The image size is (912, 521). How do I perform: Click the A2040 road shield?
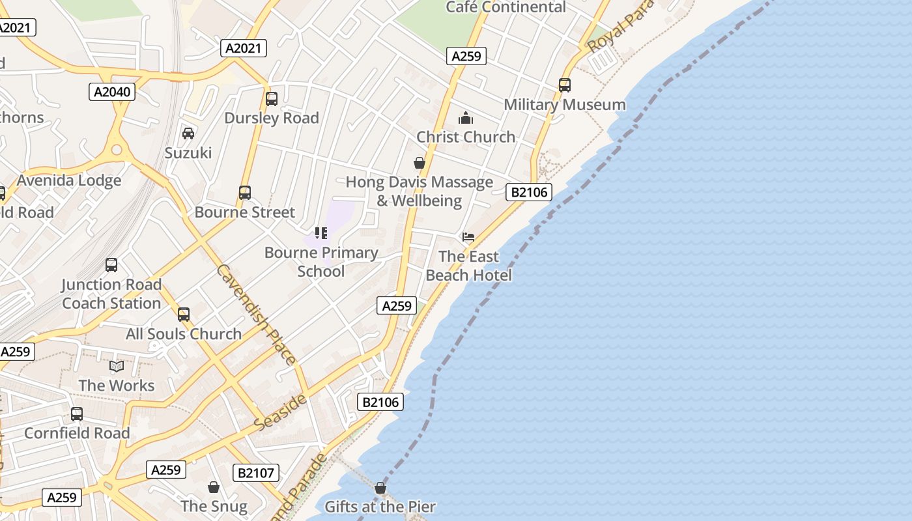pos(112,92)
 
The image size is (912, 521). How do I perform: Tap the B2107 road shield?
pos(255,473)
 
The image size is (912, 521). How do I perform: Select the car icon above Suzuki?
pos(188,134)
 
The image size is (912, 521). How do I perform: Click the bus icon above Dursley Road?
pos(272,99)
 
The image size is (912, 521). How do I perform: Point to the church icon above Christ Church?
pos(466,118)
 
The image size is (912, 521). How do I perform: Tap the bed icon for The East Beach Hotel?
pos(468,237)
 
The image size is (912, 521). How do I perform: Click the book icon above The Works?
pos(117,367)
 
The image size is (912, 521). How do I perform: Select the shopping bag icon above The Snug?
pos(214,487)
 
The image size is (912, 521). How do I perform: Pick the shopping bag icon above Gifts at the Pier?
pos(380,488)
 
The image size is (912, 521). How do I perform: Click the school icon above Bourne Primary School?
pos(321,233)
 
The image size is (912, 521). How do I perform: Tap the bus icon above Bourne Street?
pos(245,193)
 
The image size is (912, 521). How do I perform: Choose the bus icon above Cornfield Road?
pos(77,414)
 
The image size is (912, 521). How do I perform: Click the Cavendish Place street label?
pos(257,314)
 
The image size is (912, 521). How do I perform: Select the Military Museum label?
pos(565,105)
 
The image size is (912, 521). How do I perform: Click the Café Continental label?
pos(506,7)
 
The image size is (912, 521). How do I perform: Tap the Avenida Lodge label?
pos(69,180)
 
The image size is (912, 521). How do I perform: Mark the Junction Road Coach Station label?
pos(111,294)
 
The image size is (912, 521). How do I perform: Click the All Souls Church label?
pos(184,334)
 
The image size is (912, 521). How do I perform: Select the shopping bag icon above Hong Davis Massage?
pos(420,163)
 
